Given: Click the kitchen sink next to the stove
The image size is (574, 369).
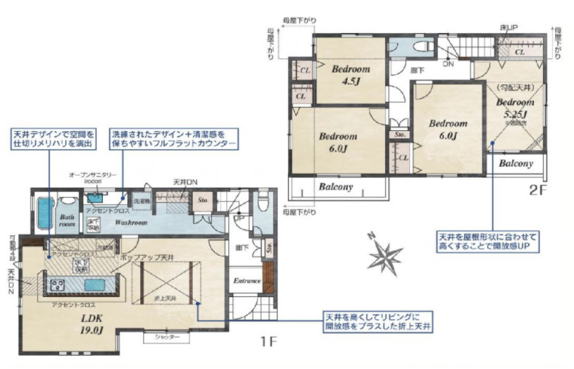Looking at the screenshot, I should [x=95, y=284].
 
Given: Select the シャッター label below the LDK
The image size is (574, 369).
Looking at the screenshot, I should [x=166, y=338].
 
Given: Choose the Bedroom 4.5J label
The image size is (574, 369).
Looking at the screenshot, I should [x=349, y=75].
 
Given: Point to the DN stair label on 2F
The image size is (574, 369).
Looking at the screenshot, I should [x=448, y=64].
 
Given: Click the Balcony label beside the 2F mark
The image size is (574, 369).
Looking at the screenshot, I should [x=520, y=163].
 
